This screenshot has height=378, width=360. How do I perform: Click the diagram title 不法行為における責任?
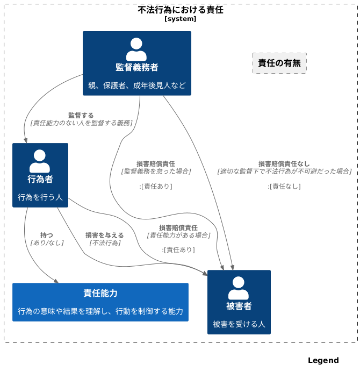pyautogui.click(x=181, y=10)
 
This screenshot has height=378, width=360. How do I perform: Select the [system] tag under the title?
pyautogui.click(x=181, y=19)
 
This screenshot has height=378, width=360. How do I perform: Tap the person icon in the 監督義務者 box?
pyautogui.click(x=136, y=49)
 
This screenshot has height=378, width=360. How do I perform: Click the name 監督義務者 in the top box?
pyautogui.click(x=137, y=67)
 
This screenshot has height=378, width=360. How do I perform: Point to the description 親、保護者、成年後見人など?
pyautogui.click(x=137, y=85)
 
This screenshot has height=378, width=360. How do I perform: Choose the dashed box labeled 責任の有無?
pyautogui.click(x=279, y=63)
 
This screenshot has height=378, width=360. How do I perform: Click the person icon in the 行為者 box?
pyautogui.click(x=40, y=161)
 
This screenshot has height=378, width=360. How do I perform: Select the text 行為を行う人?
pyautogui.click(x=40, y=197)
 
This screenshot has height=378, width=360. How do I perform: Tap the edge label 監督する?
pyautogui.click(x=81, y=115)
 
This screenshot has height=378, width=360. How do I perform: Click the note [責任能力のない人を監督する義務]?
pyautogui.click(x=81, y=123)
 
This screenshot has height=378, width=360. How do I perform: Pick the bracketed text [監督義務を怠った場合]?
pyautogui.click(x=156, y=171)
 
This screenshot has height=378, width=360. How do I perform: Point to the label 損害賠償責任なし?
pyautogui.click(x=284, y=163)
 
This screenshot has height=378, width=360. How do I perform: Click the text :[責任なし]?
pyautogui.click(x=284, y=186)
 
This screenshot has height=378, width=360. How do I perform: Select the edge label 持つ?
pyautogui.click(x=47, y=235)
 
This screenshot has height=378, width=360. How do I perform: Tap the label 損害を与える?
pyautogui.click(x=105, y=235)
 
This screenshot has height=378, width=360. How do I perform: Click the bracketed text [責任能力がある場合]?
pyautogui.click(x=178, y=235)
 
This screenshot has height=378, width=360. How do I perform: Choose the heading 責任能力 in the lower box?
pyautogui.click(x=100, y=293)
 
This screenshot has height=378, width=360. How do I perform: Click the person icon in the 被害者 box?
pyautogui.click(x=239, y=288)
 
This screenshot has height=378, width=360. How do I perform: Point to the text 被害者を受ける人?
pyautogui.click(x=239, y=324)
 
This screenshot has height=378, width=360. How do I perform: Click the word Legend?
pyautogui.click(x=323, y=360)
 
